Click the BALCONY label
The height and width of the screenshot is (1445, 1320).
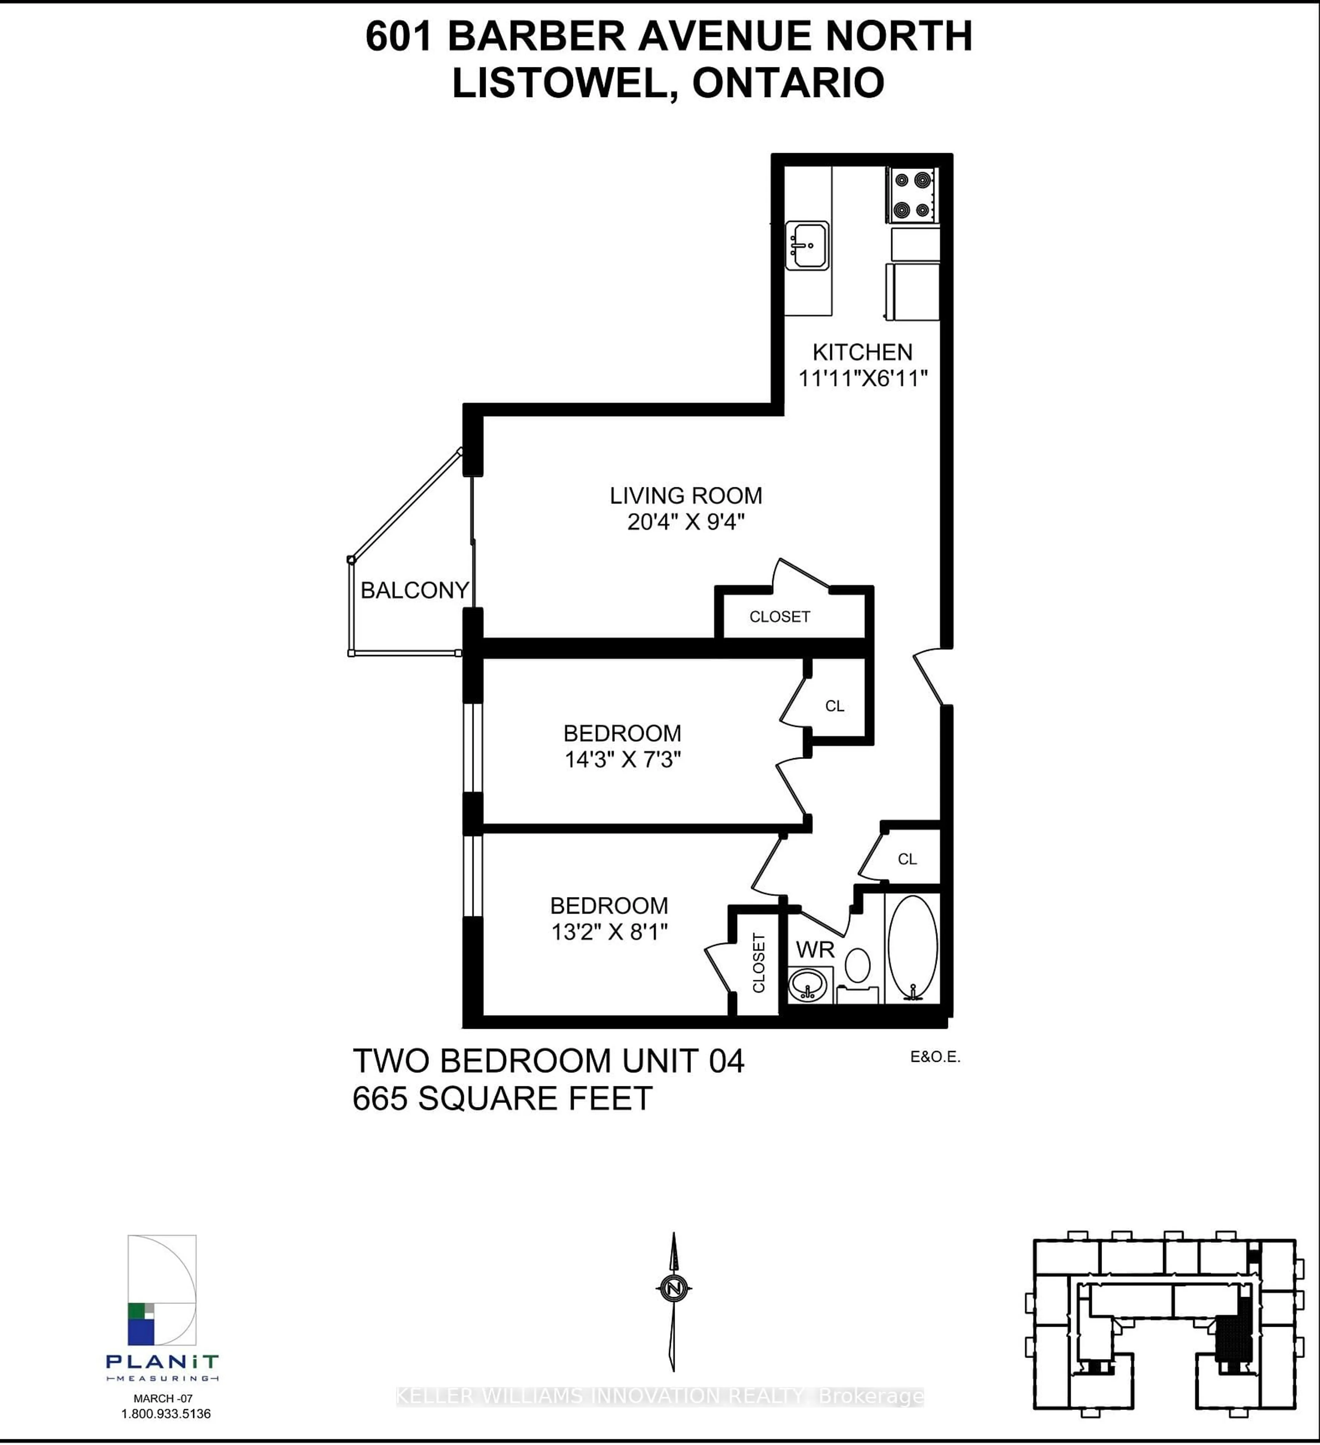415,590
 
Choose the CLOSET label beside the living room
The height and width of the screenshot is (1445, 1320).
779,616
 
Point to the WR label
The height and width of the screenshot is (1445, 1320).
815,950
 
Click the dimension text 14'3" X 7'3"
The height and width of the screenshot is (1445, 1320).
622,759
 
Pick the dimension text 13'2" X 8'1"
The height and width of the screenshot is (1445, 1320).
609,932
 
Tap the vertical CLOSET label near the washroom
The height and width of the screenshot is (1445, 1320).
759,963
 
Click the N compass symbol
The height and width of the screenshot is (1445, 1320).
673,1288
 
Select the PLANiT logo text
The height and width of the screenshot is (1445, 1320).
162,1361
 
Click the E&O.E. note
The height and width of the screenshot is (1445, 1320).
935,1056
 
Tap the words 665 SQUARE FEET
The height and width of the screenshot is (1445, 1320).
502,1098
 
